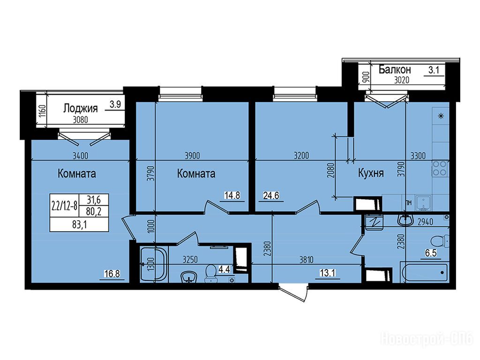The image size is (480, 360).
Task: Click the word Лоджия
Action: [x=81, y=109]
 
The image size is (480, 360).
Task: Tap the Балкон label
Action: [x=395, y=69]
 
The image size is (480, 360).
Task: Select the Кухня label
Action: [x=371, y=173]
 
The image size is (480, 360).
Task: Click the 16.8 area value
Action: [x=112, y=273]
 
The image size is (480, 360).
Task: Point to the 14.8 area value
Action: [x=232, y=195]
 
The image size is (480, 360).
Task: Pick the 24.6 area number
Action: [x=271, y=195]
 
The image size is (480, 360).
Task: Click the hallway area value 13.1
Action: [x=328, y=273]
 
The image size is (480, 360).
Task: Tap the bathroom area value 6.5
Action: [x=430, y=253]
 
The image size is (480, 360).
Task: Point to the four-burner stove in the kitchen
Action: [x=440, y=168]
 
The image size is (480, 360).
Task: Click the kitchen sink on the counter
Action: [x=423, y=203]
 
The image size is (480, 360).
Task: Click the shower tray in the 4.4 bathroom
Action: [x=154, y=264]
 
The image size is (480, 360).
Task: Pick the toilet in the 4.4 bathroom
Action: [x=211, y=273]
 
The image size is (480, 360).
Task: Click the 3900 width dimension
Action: [x=192, y=156]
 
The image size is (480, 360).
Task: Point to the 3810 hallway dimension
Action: [x=307, y=260]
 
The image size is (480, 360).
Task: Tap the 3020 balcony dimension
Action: [x=401, y=81]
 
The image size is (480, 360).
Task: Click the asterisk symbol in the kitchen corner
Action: [x=441, y=116]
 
